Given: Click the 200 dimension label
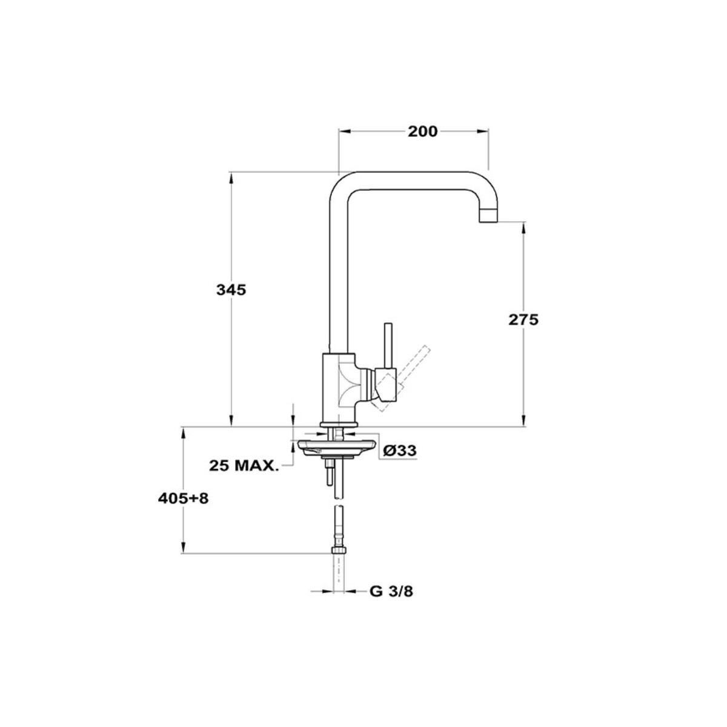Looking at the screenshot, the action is click(x=422, y=131).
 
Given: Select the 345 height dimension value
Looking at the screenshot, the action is click(x=231, y=290).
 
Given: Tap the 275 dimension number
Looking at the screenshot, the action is click(x=523, y=320).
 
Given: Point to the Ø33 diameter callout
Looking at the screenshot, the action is click(x=399, y=450).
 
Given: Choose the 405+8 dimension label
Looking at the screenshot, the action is click(x=184, y=499).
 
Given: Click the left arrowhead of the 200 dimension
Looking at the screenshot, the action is click(x=345, y=131).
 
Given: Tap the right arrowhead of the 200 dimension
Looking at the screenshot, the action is click(x=482, y=131).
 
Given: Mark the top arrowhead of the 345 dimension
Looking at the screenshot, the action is click(x=231, y=179).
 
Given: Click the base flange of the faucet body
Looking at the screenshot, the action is click(x=337, y=425).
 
